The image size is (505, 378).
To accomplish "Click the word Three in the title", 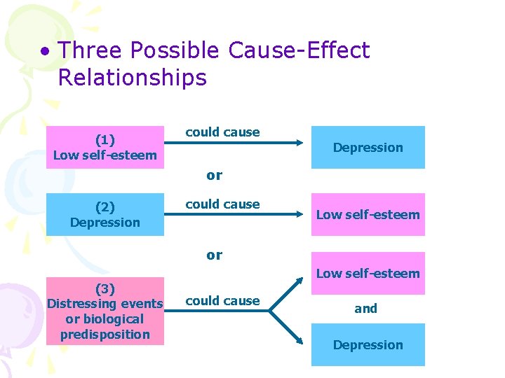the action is [90, 50].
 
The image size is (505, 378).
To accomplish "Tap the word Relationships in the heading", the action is [132, 78].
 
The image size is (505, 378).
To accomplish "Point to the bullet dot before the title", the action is [45, 52].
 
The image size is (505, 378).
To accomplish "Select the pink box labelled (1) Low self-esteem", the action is [105, 147].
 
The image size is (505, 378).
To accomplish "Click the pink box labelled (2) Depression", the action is [105, 215].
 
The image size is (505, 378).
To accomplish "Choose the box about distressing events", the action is [105, 311].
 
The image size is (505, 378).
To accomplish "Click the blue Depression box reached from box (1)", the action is [368, 147].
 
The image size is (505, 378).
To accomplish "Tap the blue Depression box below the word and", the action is [368, 344].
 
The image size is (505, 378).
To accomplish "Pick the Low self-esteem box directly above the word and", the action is [368, 273].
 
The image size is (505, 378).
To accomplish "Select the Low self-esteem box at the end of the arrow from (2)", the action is [368, 214].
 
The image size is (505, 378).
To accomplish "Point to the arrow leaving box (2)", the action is [238, 215].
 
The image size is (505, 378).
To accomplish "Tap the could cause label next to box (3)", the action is [222, 301].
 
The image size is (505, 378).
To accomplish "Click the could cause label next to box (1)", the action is [222, 132].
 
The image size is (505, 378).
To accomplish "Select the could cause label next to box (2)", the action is [222, 204].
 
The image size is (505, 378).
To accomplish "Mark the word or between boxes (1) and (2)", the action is [215, 176].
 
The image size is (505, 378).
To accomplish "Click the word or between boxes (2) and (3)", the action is [215, 255].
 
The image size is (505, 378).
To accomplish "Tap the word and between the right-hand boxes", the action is [365, 308].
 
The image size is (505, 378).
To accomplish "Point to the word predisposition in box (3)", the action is [105, 334].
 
